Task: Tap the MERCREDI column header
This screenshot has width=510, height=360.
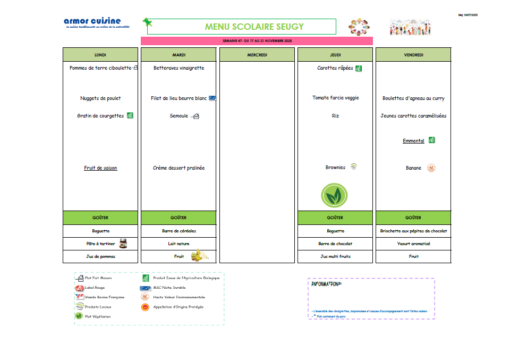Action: (257, 55)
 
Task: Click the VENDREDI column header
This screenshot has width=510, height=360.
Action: (413, 55)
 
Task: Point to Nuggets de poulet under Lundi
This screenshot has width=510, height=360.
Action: (100, 98)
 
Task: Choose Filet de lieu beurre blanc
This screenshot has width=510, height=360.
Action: (178, 98)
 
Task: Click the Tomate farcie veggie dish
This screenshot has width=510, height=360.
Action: (335, 98)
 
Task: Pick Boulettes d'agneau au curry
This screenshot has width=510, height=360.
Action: (413, 98)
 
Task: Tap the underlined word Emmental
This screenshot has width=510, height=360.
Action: (413, 141)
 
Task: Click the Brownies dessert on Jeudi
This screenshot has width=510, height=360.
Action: (335, 168)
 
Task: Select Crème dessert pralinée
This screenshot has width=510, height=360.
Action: (178, 168)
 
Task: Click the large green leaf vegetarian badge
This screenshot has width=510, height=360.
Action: (334, 196)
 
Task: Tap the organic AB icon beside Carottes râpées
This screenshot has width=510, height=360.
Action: (359, 68)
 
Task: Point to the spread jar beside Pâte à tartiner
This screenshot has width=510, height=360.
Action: (123, 244)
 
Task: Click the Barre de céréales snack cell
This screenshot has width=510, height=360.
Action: (178, 231)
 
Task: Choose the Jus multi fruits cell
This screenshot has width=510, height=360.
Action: (335, 256)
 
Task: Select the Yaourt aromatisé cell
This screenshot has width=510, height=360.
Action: (413, 244)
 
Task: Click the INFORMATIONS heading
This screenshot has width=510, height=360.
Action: (326, 284)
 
